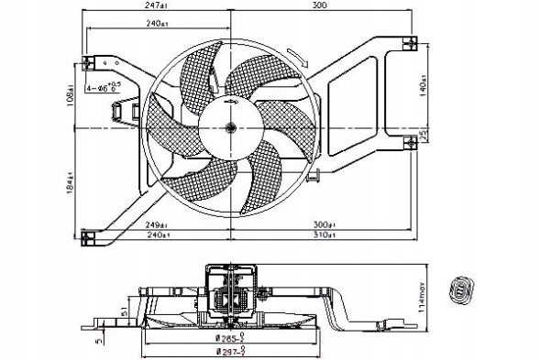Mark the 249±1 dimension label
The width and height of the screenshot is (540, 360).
point(155,224)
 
